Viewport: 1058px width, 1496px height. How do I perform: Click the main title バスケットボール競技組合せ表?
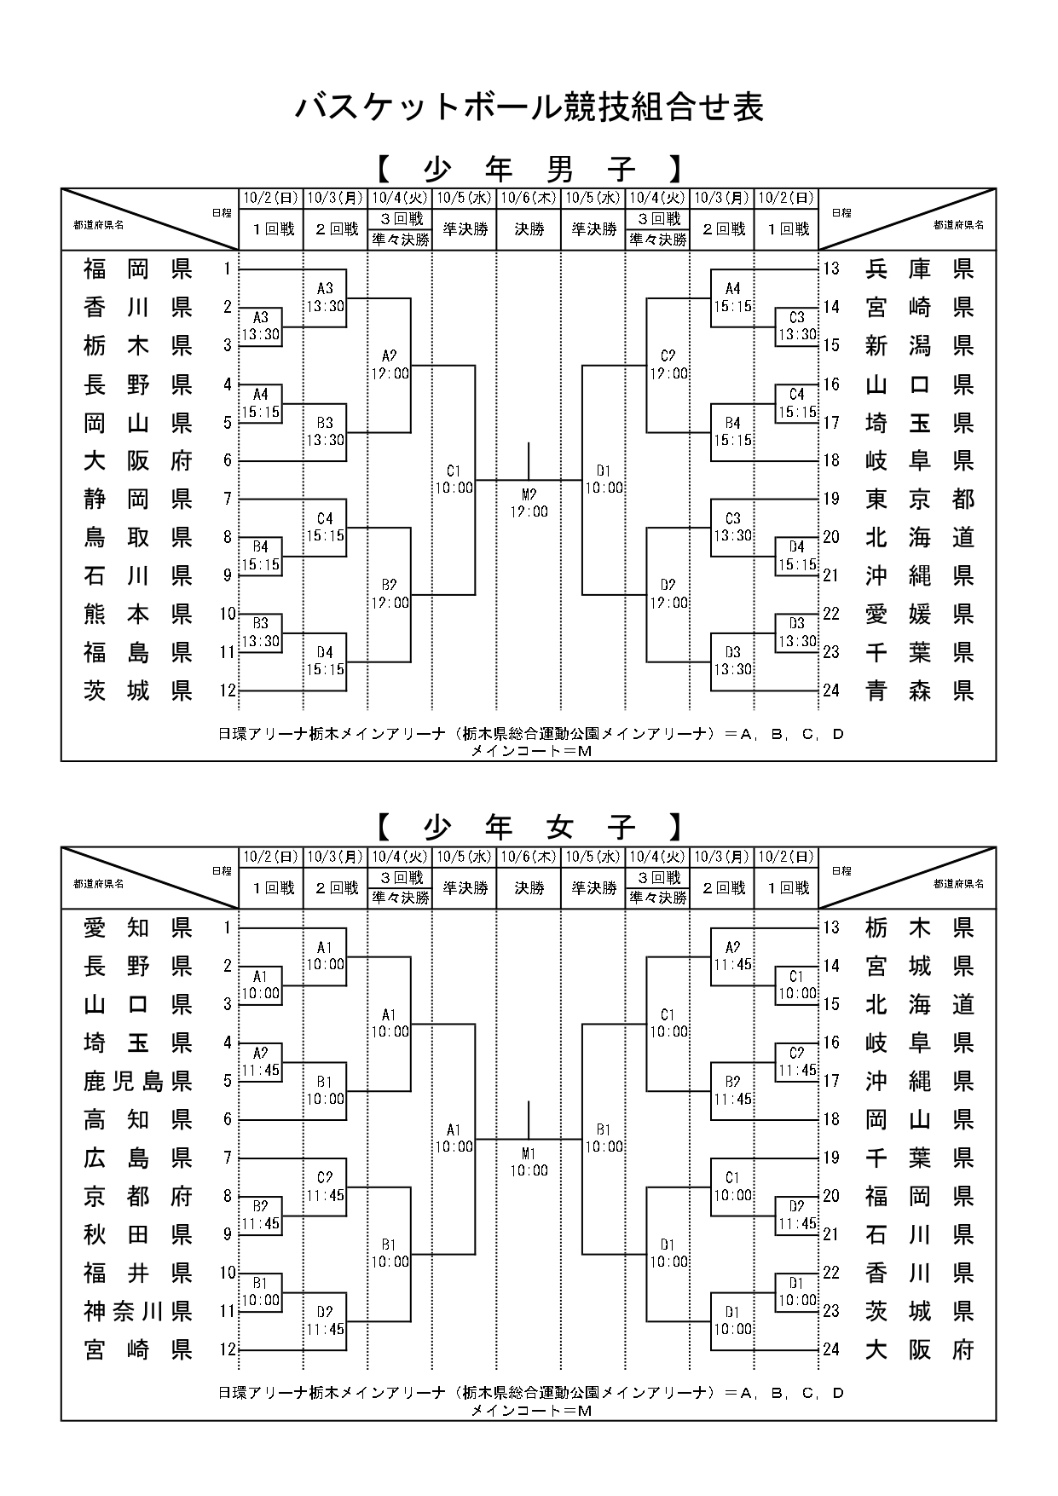(529, 107)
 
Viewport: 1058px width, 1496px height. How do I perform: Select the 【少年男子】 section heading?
(529, 169)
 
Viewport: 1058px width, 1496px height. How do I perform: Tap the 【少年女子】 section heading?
(529, 827)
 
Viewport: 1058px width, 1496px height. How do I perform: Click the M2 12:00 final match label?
(529, 503)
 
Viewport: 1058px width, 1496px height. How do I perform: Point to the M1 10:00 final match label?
(529, 1162)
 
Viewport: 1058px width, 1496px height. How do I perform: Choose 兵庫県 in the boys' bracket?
(919, 269)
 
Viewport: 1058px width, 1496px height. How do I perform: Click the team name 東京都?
(919, 499)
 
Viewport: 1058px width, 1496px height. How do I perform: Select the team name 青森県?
(919, 690)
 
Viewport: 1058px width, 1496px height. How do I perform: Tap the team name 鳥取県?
(138, 537)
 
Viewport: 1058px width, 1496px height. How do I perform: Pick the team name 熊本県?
(138, 614)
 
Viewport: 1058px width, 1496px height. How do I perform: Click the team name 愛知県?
(138, 927)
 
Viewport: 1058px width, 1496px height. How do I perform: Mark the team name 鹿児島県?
(138, 1081)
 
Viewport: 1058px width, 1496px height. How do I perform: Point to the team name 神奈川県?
(138, 1311)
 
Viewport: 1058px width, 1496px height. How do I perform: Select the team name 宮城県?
(919, 966)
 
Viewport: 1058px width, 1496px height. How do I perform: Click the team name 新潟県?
(919, 345)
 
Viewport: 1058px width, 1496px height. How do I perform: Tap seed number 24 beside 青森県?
(831, 690)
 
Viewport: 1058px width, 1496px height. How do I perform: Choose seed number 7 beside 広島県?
(228, 1158)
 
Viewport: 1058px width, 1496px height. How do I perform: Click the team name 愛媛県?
(919, 614)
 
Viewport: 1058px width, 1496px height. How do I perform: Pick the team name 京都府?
(138, 1196)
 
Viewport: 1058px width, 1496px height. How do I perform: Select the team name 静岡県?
(138, 499)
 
